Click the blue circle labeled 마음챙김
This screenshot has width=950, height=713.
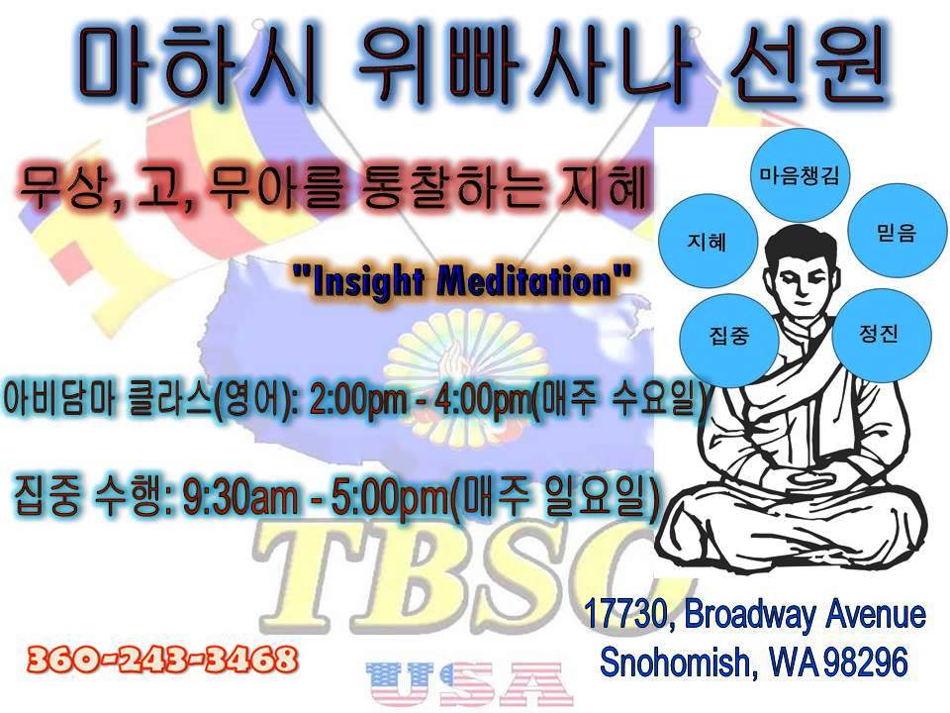pyautogui.click(x=799, y=175)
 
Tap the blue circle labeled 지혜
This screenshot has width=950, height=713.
pyautogui.click(x=708, y=242)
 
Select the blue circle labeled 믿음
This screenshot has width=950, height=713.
pyautogui.click(x=897, y=231)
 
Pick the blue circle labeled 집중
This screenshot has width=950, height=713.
pyautogui.click(x=729, y=336)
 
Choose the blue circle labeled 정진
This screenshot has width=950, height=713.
pyautogui.click(x=881, y=334)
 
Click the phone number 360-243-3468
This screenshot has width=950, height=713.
pyautogui.click(x=162, y=660)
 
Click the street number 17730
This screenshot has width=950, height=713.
pyautogui.click(x=625, y=614)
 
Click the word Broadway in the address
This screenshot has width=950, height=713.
pyautogui.click(x=751, y=615)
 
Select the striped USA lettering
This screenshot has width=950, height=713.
pyautogui.click(x=469, y=684)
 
